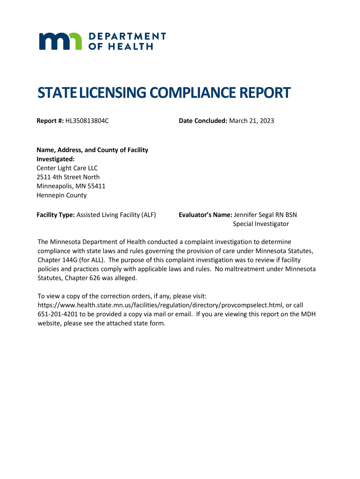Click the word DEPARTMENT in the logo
[127, 36]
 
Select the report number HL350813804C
[87, 121]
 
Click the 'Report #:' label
[50, 121]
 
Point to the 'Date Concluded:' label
[202, 121]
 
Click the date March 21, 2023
[252, 121]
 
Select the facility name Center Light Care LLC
[67, 168]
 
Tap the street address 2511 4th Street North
[68, 177]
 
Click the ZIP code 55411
[96, 186]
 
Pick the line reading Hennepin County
[62, 196]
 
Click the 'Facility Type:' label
[56, 215]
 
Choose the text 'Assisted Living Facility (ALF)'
[116, 215]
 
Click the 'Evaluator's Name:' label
[205, 215]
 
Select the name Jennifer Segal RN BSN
[265, 215]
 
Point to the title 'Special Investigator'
[261, 224]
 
